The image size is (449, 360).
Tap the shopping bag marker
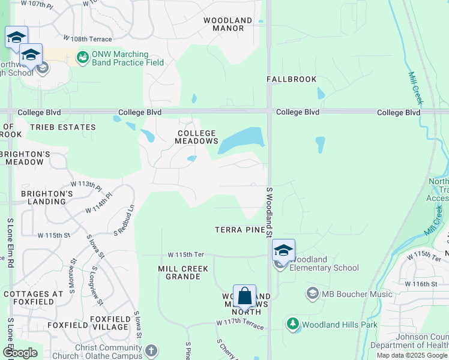coord(244,296)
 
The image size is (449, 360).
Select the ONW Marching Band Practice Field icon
coord(82,58)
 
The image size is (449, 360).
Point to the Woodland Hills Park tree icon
coord(293,325)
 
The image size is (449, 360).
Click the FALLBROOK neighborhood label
coord(291,79)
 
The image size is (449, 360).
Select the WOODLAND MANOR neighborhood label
coord(228,24)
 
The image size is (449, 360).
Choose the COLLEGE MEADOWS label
coord(196,137)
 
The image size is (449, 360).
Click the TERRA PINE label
coord(241,230)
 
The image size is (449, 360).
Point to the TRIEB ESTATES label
coord(63,127)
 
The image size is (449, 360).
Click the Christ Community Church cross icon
coord(151,350)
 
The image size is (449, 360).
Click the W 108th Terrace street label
coord(91,39)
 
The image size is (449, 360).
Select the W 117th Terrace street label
coord(240,323)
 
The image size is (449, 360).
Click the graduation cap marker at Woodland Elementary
coord(283,251)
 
